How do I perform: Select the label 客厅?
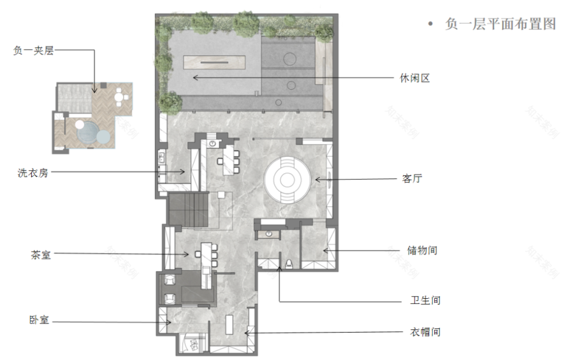412,180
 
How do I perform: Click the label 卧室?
40,321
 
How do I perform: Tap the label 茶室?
40,254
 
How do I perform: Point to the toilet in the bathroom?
290,263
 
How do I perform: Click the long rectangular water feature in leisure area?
217,62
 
